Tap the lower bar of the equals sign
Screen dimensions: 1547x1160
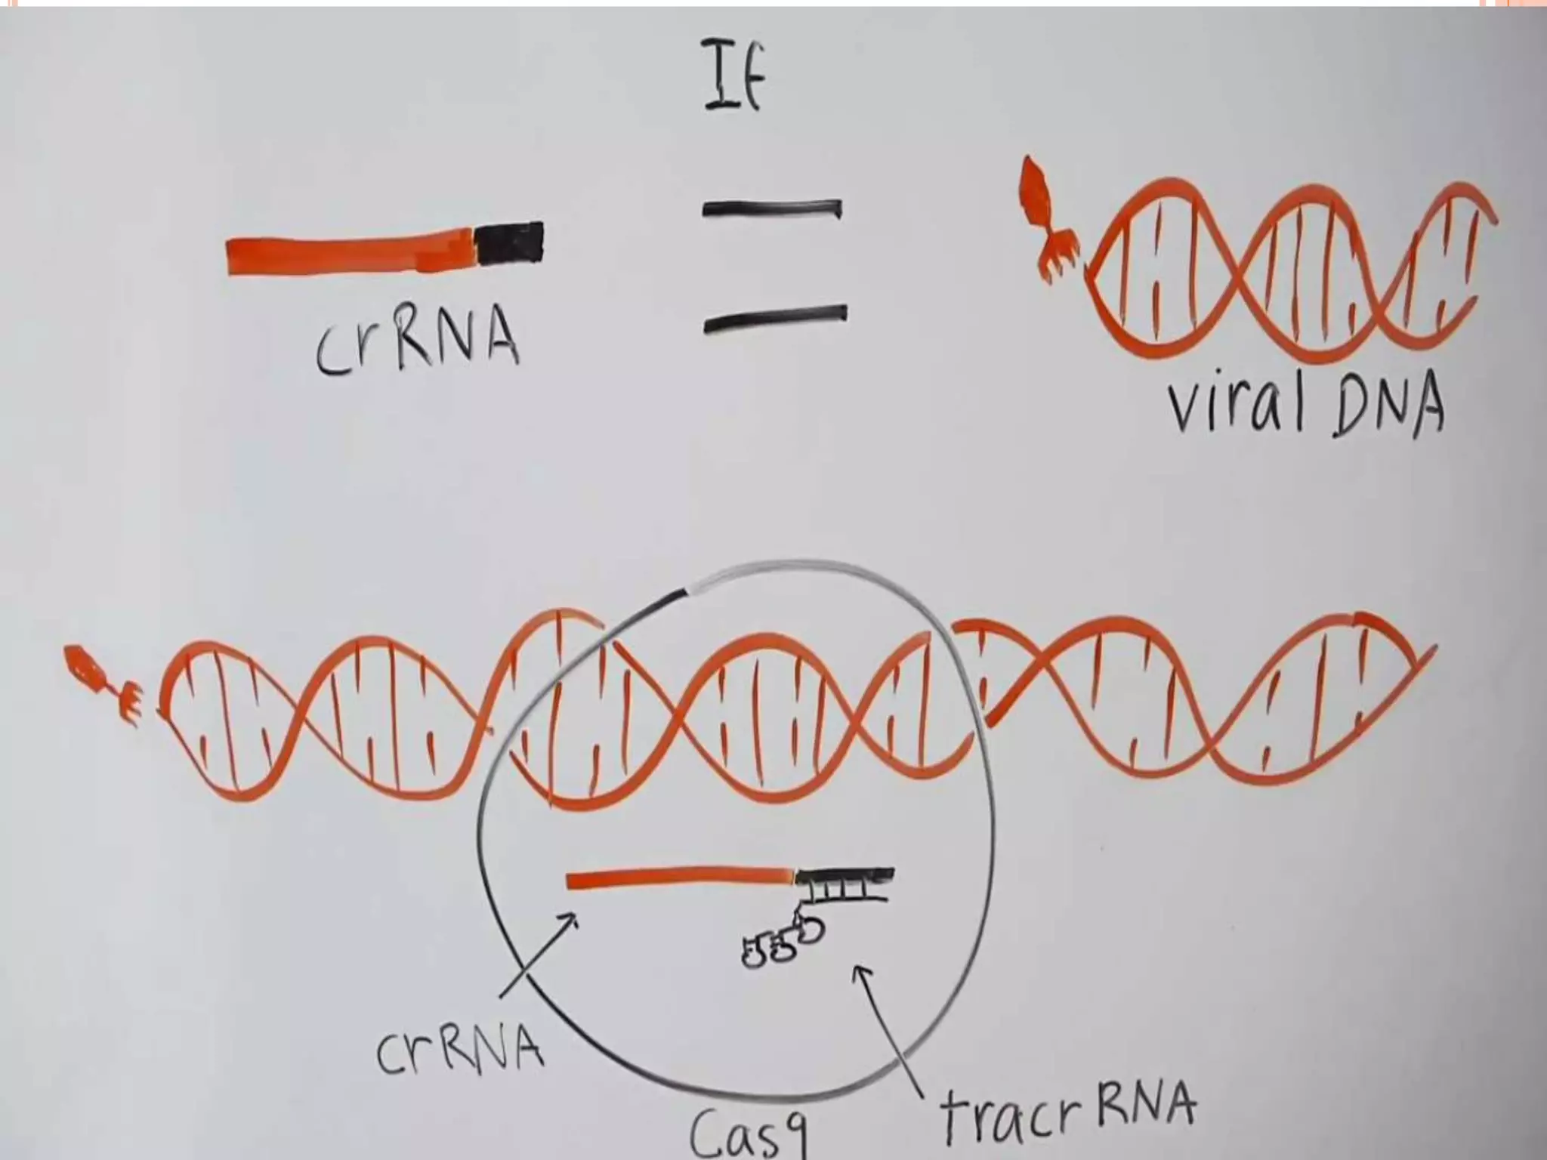pyautogui.click(x=775, y=318)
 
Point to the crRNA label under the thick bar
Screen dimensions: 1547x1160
pyautogui.click(x=417, y=344)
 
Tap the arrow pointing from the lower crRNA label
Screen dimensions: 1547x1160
pyautogui.click(x=537, y=958)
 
